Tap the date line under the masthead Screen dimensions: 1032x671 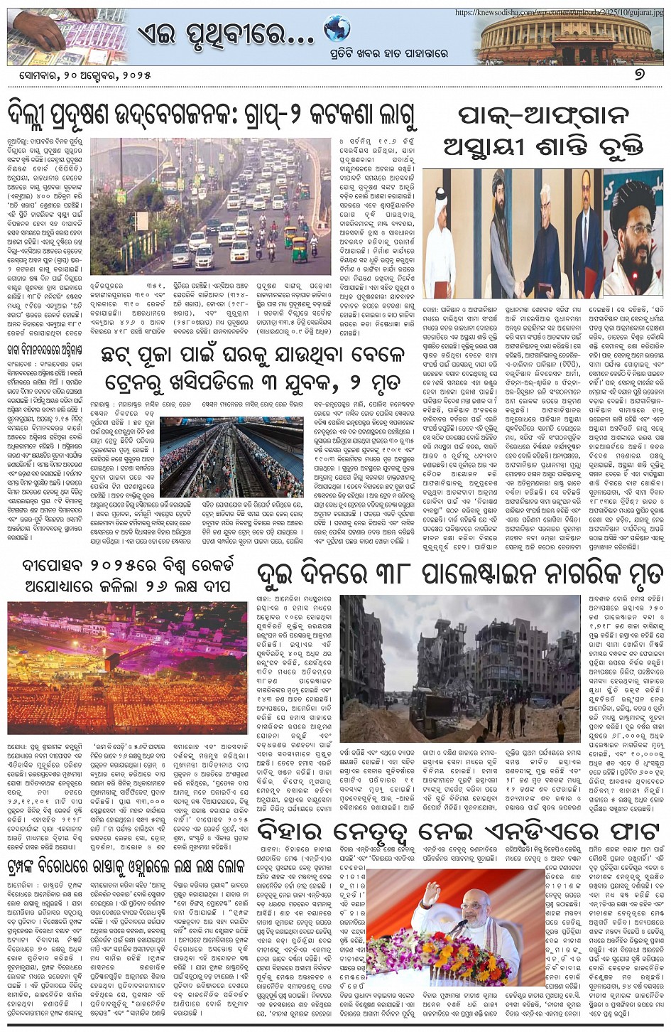click(74, 75)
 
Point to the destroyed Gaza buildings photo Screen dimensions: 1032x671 click(462, 667)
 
